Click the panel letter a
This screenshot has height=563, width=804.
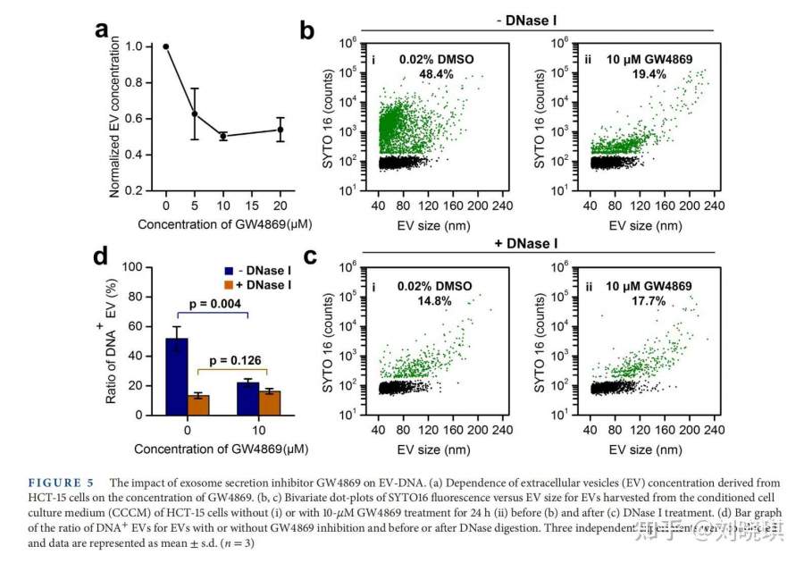pyautogui.click(x=103, y=29)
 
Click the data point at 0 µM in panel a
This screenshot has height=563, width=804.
pyautogui.click(x=166, y=46)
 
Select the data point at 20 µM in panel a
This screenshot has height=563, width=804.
pyautogui.click(x=280, y=130)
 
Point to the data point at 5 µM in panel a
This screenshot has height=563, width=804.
pyautogui.click(x=195, y=113)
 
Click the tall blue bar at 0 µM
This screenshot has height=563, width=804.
pyautogui.click(x=177, y=376)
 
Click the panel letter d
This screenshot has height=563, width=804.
pyautogui.click(x=103, y=256)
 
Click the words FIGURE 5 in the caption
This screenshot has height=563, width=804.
pyautogui.click(x=67, y=483)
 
